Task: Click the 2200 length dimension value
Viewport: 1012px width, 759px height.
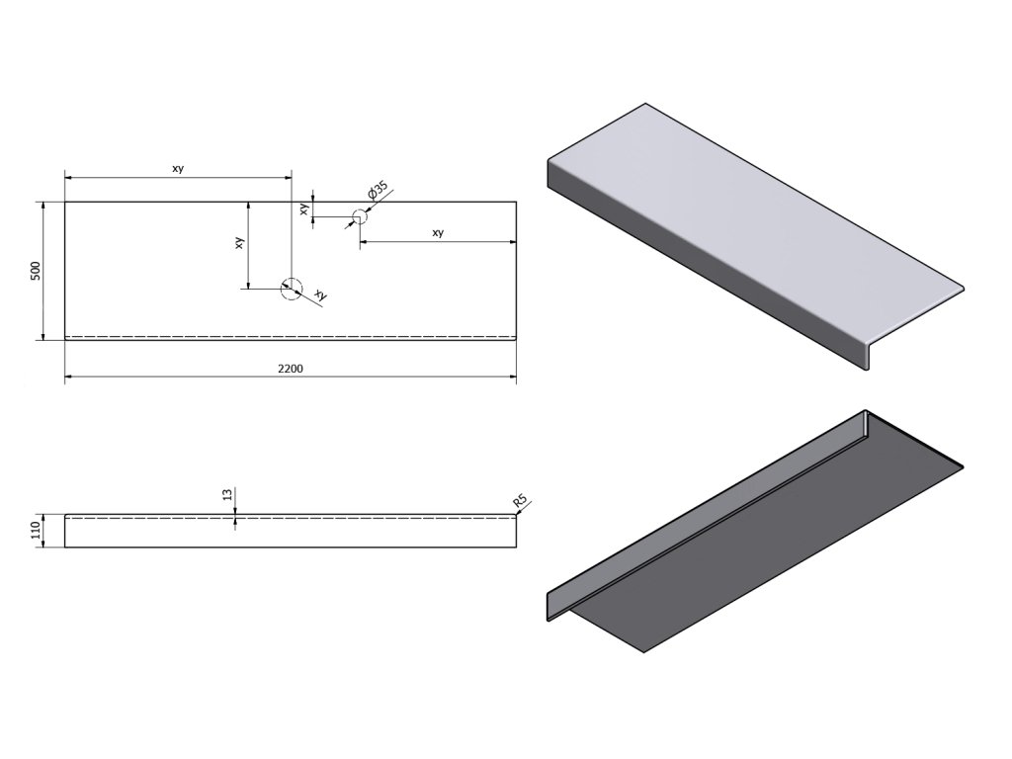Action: click(290, 369)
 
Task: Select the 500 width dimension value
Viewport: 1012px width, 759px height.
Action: click(36, 270)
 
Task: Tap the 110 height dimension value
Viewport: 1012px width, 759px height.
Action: click(36, 531)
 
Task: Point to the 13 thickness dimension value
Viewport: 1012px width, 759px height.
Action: click(228, 495)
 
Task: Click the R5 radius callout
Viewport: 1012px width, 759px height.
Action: click(520, 503)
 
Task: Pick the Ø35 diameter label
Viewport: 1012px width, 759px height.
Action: click(376, 191)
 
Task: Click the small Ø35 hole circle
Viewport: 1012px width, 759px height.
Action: click(359, 215)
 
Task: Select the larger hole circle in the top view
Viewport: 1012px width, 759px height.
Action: click(291, 288)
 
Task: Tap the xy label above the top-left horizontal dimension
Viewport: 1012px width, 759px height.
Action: click(178, 169)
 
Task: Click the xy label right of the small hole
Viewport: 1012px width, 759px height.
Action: click(438, 233)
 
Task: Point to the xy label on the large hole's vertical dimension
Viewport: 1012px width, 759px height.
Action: click(239, 243)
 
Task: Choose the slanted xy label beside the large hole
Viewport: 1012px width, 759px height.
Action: click(319, 295)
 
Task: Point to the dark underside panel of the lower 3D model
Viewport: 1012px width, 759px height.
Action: click(791, 534)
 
